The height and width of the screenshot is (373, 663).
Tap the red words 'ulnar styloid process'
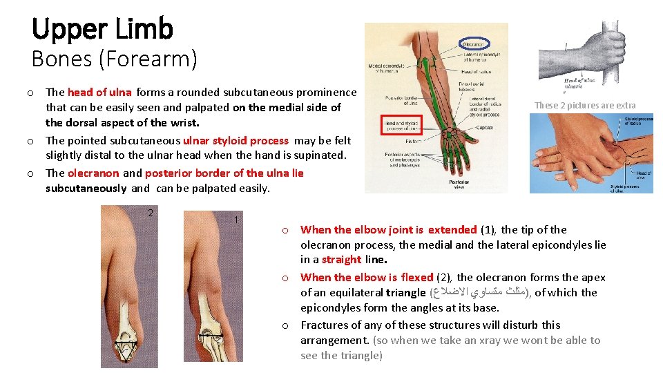(236, 140)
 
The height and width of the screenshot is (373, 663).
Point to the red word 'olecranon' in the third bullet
(93, 173)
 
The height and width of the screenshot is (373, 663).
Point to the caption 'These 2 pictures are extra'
(585, 106)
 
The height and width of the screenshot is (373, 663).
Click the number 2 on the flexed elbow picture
(151, 212)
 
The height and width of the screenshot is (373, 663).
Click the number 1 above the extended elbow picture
(236, 220)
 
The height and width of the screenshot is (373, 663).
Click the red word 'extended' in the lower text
(452, 229)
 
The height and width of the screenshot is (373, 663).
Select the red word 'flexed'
(416, 277)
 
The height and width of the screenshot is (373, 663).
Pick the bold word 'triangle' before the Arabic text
(406, 292)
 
